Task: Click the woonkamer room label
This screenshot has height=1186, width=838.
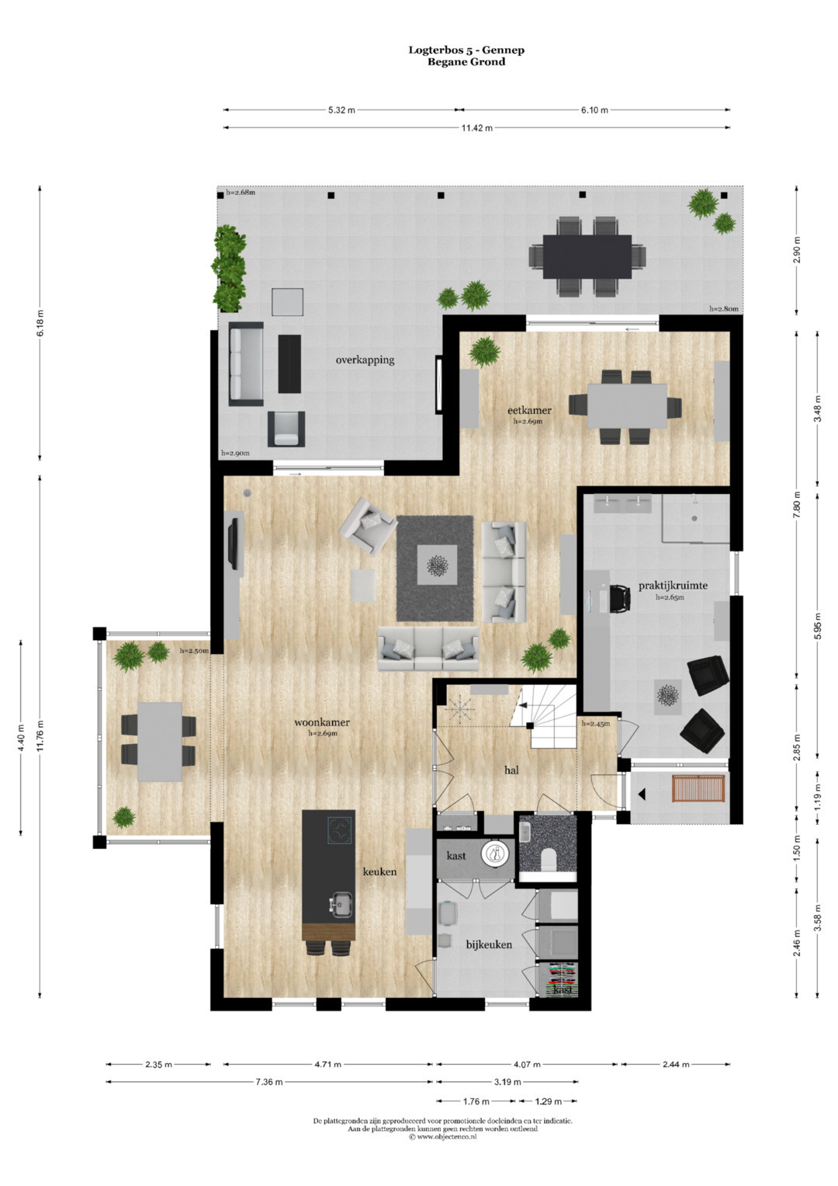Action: pos(322,722)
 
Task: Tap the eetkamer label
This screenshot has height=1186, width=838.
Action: pos(529,410)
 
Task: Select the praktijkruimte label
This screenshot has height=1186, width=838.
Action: pos(673,586)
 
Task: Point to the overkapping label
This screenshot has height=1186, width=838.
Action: pos(365,360)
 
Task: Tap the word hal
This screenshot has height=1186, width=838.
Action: pos(511,770)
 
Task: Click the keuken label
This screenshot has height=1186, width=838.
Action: pos(379,871)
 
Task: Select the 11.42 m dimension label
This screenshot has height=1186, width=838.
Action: pos(476,127)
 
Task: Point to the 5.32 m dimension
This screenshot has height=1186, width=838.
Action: pos(341,110)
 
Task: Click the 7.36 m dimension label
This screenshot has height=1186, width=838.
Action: pos(268,1082)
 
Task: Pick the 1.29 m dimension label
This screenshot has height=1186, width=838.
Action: pos(548,1101)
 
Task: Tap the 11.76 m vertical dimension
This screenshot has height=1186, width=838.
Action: pos(40,736)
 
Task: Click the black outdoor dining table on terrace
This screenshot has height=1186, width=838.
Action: pos(587,257)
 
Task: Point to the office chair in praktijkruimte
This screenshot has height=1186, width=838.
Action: pos(619,599)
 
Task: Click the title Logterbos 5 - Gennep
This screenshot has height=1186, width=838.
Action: pos(466,50)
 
